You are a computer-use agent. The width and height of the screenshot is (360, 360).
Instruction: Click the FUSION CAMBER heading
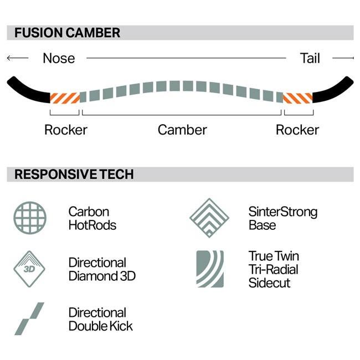tap(67, 33)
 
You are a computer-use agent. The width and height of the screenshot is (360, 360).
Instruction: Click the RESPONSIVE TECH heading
tap(74, 174)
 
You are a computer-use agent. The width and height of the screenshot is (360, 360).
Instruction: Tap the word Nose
tap(59, 58)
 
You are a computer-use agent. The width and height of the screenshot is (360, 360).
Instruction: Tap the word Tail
tap(310, 58)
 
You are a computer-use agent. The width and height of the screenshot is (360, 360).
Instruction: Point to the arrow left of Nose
tap(17, 58)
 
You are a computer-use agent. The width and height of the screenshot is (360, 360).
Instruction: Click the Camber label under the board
tap(182, 130)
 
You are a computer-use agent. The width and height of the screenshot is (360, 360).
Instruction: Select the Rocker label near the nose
tap(65, 130)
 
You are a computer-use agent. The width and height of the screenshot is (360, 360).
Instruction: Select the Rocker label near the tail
tap(297, 130)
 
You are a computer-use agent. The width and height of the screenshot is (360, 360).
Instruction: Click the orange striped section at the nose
tap(65, 97)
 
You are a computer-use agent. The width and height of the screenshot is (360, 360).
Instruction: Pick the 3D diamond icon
tap(29, 269)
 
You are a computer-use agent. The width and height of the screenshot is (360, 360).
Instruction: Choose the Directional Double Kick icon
tap(29, 318)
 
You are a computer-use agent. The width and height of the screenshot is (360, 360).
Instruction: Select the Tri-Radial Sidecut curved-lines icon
tap(209, 269)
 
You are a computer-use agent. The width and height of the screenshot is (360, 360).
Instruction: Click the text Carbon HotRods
tap(92, 218)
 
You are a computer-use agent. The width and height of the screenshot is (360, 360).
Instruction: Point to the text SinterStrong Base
tap(282, 218)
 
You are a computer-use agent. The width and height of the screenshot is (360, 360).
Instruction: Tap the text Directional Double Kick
tap(100, 319)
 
